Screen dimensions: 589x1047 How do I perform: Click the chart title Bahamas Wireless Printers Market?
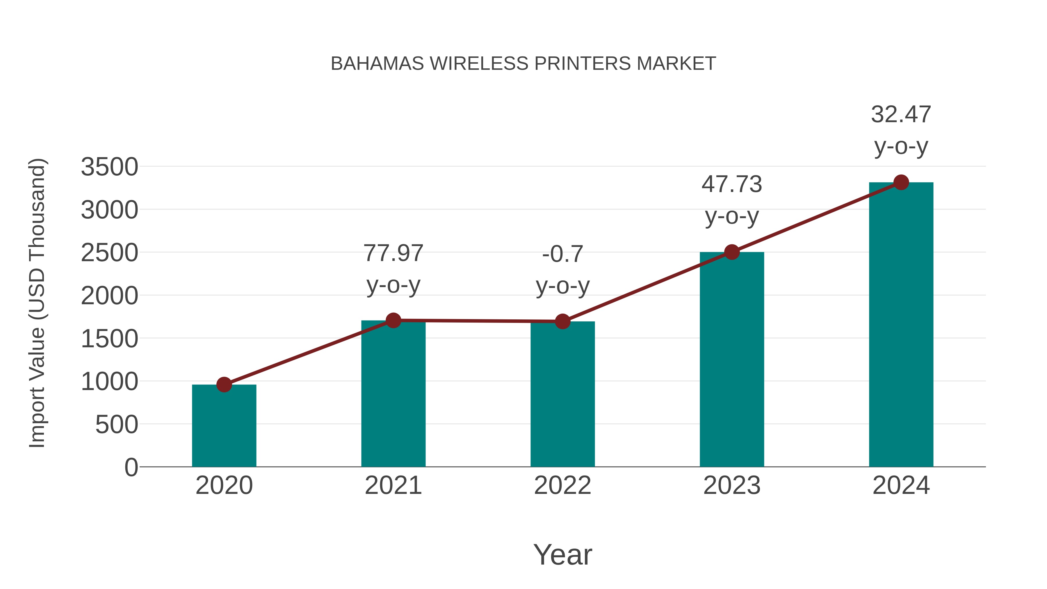(x=523, y=63)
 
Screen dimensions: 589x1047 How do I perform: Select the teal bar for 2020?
(x=224, y=427)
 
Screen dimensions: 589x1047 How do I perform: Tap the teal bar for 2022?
(x=562, y=394)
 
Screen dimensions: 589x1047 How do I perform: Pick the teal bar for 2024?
(x=901, y=325)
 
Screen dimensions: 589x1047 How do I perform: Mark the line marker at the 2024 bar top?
(x=901, y=182)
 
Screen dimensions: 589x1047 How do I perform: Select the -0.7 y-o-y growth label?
(x=562, y=269)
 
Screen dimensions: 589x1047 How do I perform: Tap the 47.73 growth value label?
(x=732, y=184)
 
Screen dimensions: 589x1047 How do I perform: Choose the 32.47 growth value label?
(x=901, y=114)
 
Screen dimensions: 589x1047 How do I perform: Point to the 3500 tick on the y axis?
(x=109, y=167)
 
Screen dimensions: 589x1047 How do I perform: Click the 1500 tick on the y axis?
(x=109, y=339)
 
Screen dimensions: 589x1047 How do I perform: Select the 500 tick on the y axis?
(x=117, y=425)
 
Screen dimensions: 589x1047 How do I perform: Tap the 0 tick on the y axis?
(x=131, y=467)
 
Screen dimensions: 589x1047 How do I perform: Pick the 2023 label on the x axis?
(x=732, y=485)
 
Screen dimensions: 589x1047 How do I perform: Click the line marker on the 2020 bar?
(x=224, y=384)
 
